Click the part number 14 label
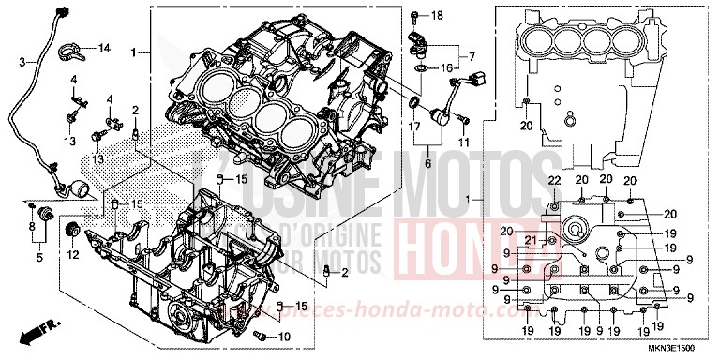pyautogui.click(x=103, y=48)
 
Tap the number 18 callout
pyautogui.click(x=436, y=17)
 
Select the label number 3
pyautogui.click(x=22, y=62)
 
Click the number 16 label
pyautogui.click(x=447, y=67)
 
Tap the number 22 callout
pyautogui.click(x=553, y=180)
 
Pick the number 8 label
pyautogui.click(x=32, y=228)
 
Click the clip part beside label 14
pyautogui.click(x=74, y=48)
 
